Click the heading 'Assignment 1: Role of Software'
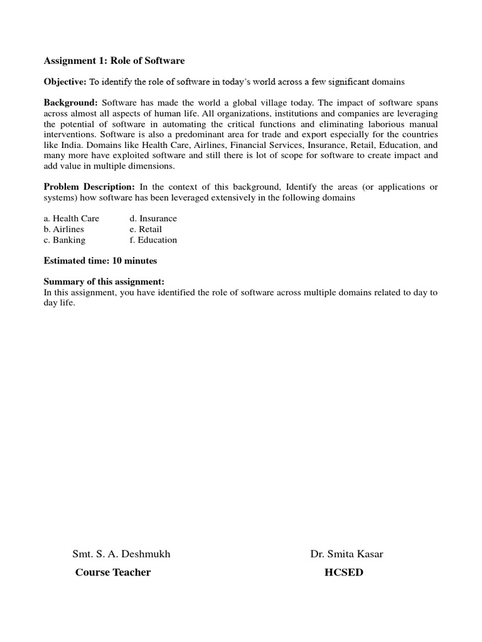click(114, 61)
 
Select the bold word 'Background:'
click(70, 102)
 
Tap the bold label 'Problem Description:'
click(88, 187)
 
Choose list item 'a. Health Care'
click(72, 218)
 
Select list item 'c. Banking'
click(65, 239)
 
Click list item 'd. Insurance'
click(153, 218)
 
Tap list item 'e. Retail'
click(146, 229)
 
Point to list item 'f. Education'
click(153, 239)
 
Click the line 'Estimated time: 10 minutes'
click(100, 260)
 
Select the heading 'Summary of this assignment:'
click(104, 282)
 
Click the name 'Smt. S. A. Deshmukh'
click(121, 554)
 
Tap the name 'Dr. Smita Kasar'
click(346, 554)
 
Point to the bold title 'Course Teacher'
click(113, 572)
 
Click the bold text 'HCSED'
click(343, 572)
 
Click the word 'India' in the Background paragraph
click(69, 145)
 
